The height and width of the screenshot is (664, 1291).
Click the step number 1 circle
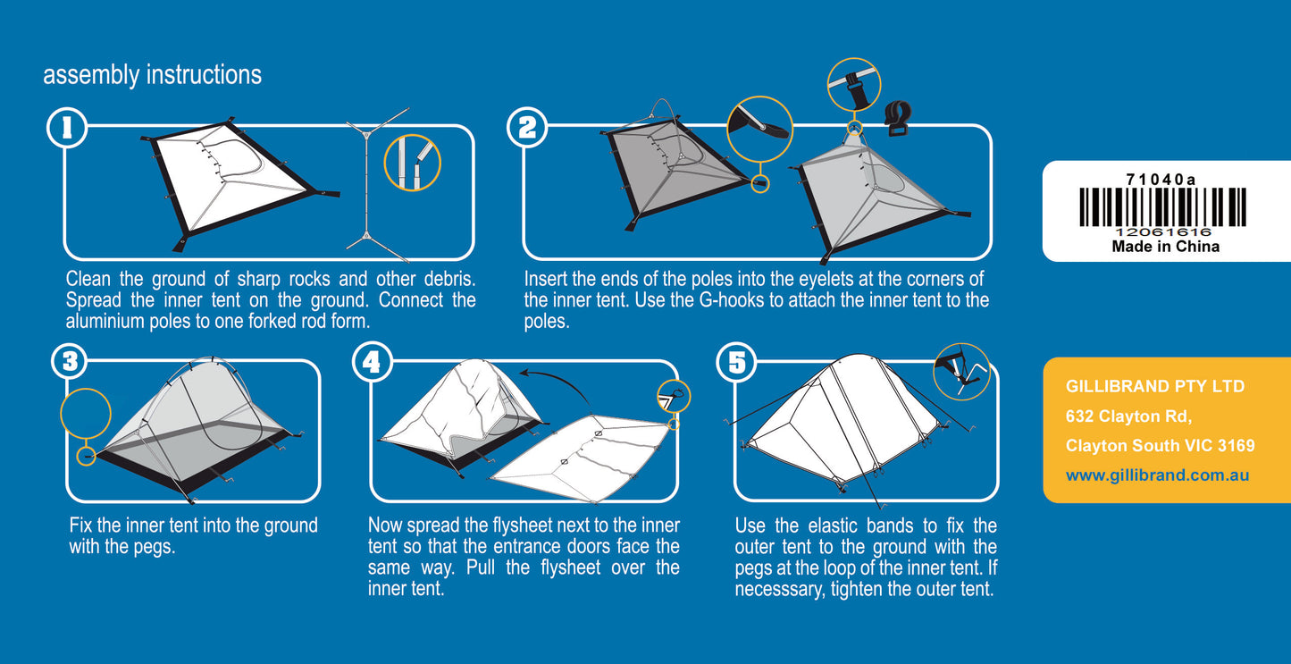(x=67, y=129)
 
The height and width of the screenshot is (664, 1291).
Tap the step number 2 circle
(x=527, y=128)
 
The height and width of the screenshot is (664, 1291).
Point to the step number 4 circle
(x=373, y=362)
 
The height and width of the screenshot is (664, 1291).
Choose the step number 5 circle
(x=736, y=362)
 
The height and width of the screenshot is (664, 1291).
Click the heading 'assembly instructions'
(x=152, y=75)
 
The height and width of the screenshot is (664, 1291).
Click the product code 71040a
(x=1161, y=179)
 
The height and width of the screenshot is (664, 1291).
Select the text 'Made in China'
(x=1165, y=247)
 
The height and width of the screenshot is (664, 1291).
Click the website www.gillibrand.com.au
(x=1157, y=475)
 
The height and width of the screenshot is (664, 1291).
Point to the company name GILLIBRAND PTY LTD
(x=1154, y=387)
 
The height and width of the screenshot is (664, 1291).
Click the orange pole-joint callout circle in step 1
(x=412, y=163)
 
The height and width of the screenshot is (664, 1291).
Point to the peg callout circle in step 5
(x=961, y=371)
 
